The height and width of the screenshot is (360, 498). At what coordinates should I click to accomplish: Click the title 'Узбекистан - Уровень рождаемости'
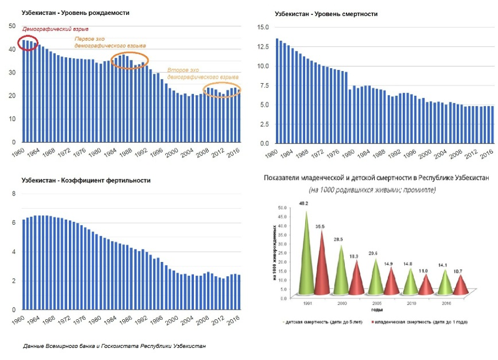(x=75, y=12)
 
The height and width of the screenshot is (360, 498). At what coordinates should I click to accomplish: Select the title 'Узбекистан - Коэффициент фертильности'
(x=86, y=180)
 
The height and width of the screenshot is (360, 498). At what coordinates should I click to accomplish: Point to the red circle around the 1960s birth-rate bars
(x=28, y=43)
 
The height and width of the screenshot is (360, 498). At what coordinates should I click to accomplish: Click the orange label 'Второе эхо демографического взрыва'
(x=202, y=74)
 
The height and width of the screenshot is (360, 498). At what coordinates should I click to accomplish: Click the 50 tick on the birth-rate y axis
(x=12, y=25)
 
